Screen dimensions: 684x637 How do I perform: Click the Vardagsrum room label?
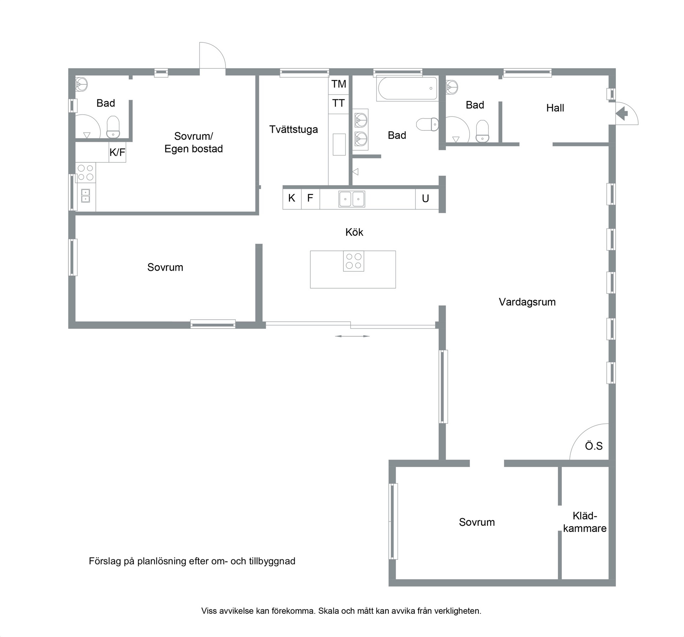click(x=527, y=302)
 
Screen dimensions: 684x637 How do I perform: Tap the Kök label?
click(x=354, y=232)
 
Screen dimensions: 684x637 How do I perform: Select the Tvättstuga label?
click(x=294, y=129)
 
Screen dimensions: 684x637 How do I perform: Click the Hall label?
click(x=555, y=108)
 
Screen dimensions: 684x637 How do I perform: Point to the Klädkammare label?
click(x=585, y=522)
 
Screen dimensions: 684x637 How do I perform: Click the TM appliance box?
click(x=338, y=84)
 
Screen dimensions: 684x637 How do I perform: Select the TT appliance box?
click(x=338, y=104)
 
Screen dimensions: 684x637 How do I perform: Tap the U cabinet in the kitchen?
click(x=426, y=199)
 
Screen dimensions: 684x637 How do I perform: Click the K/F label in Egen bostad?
click(x=117, y=152)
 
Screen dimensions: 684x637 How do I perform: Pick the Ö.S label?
click(x=594, y=446)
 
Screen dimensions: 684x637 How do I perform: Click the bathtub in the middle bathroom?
click(x=408, y=89)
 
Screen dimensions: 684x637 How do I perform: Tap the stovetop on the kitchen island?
click(x=353, y=261)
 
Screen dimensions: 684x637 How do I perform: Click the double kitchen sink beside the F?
click(x=352, y=199)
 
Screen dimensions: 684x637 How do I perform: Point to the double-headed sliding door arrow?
click(x=352, y=336)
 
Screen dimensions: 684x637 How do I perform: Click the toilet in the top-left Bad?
click(x=113, y=127)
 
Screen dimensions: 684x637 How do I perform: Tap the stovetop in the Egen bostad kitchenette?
click(x=85, y=172)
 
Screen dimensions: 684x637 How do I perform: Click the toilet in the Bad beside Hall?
click(x=482, y=131)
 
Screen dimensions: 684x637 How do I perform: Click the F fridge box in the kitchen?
click(x=310, y=199)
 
